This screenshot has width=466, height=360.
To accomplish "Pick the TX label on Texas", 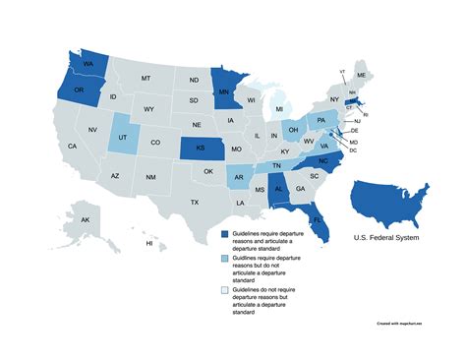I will click(195, 202).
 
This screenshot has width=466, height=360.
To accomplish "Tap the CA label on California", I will click(72, 147).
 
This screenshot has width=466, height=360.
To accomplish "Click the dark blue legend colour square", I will click(225, 234).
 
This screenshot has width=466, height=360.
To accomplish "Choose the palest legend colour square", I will click(225, 292).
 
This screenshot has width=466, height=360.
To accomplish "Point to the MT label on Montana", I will click(146, 78).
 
